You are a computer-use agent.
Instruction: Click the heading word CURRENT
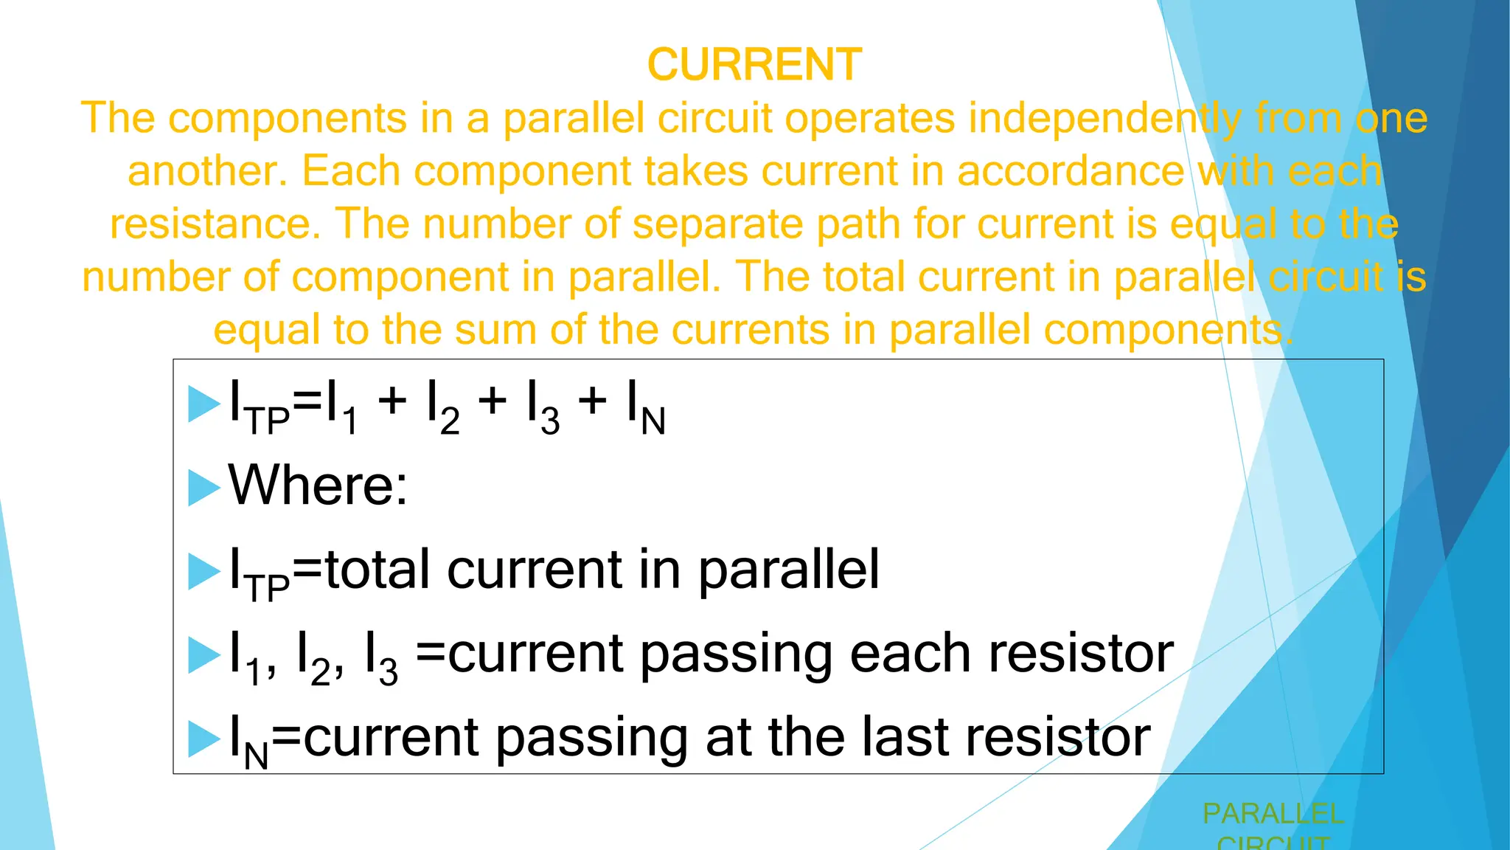click(754, 64)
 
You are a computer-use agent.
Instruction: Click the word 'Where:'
click(318, 486)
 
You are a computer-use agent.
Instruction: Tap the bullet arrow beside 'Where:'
click(203, 487)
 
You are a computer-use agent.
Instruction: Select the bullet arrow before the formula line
click(203, 404)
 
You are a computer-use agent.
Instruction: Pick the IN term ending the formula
click(646, 407)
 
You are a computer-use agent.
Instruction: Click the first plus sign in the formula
click(392, 402)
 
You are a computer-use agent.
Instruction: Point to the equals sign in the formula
click(308, 402)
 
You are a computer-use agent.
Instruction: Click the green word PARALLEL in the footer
click(1273, 814)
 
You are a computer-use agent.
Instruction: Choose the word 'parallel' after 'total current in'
click(788, 570)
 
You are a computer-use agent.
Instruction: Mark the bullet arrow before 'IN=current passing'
click(203, 739)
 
